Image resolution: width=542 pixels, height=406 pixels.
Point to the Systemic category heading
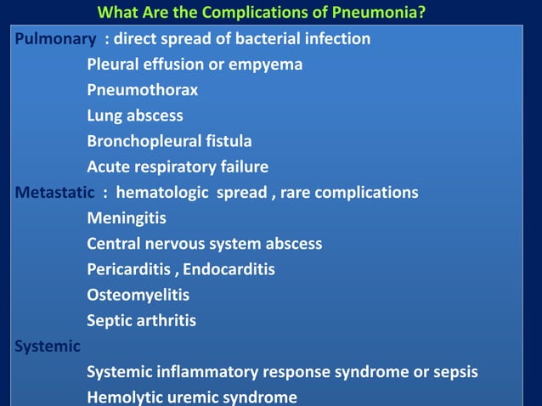[x=48, y=347]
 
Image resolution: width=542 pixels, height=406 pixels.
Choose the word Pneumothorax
[x=143, y=90]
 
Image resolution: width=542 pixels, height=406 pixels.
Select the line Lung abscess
[x=135, y=116]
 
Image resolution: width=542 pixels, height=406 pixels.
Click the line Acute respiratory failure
[x=178, y=166]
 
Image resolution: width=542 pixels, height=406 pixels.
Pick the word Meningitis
[x=127, y=218]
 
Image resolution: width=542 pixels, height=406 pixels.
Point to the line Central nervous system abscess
[x=205, y=244]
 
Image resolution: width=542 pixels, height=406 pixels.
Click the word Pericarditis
[x=128, y=269]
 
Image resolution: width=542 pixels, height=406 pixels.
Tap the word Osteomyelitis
[x=138, y=295]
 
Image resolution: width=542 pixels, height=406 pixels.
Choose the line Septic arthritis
[x=141, y=320]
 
